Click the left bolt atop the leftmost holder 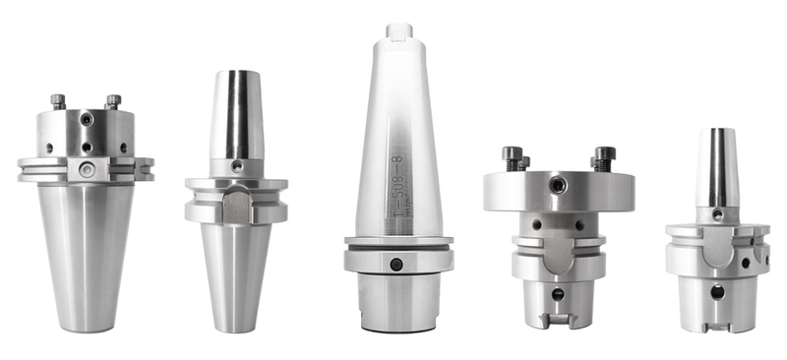click(x=58, y=100)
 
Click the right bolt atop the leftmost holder click(x=113, y=100)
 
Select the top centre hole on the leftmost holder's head click(x=87, y=120)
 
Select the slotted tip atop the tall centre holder click(x=398, y=31)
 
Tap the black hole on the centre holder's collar click(x=395, y=264)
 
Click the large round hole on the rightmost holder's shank click(x=716, y=291)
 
